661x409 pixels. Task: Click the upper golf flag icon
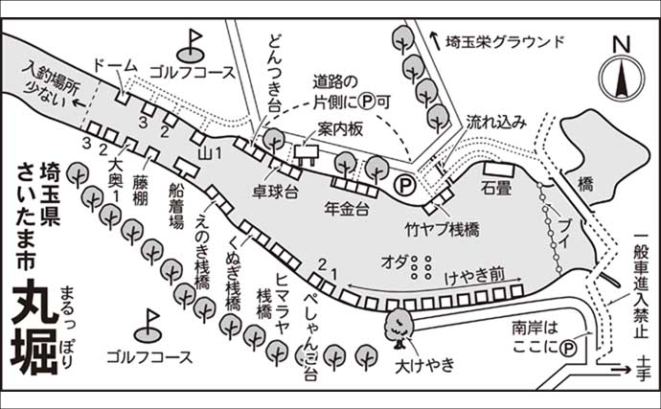tap(193, 42)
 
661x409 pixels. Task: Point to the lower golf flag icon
tap(150, 324)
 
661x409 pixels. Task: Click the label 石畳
tap(497, 190)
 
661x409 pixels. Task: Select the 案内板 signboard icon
tap(308, 151)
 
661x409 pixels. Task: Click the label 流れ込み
tap(496, 123)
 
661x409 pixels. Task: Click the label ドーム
tap(115, 65)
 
